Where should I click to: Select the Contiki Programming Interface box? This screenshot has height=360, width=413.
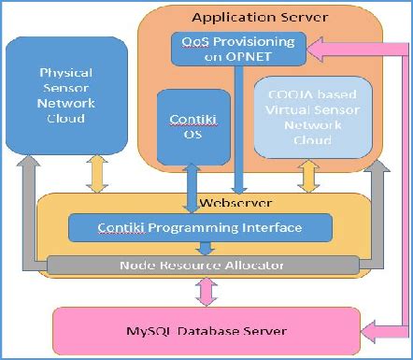click(200, 227)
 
